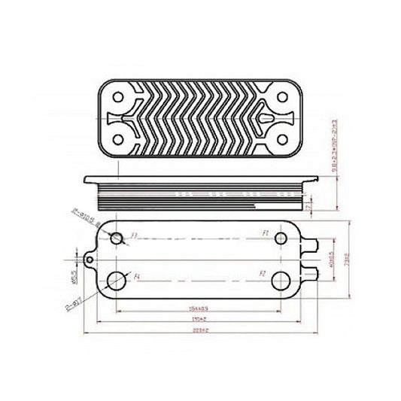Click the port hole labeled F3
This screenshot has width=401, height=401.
click(117, 238)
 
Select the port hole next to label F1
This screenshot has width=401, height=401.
click(280, 238)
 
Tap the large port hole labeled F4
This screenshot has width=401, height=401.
click(117, 281)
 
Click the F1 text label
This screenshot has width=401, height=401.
click(266, 235)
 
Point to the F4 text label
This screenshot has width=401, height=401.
click(138, 277)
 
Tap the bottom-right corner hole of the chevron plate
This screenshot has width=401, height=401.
click(281, 139)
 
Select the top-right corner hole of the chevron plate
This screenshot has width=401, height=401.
click(281, 96)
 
